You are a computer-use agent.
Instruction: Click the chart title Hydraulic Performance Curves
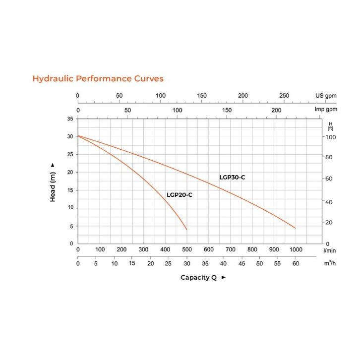point(98,78)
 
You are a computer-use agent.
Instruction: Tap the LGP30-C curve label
point(232,177)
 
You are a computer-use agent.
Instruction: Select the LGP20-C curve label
point(179,195)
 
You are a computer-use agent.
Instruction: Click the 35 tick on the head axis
point(70,119)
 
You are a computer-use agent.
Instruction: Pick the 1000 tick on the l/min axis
point(296,249)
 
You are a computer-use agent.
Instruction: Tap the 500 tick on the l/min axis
point(187,249)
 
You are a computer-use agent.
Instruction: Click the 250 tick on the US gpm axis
point(284,96)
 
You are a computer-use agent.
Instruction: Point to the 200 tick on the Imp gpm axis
point(276,110)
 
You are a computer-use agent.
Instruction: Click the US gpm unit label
point(326,96)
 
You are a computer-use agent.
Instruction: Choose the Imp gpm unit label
point(326,110)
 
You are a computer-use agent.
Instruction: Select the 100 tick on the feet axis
point(331,137)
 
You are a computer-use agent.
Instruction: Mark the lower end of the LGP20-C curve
point(187,230)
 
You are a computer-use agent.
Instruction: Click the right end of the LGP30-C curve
point(296,228)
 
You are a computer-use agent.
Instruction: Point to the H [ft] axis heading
point(331,125)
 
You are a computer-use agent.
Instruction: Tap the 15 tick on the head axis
point(70,190)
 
